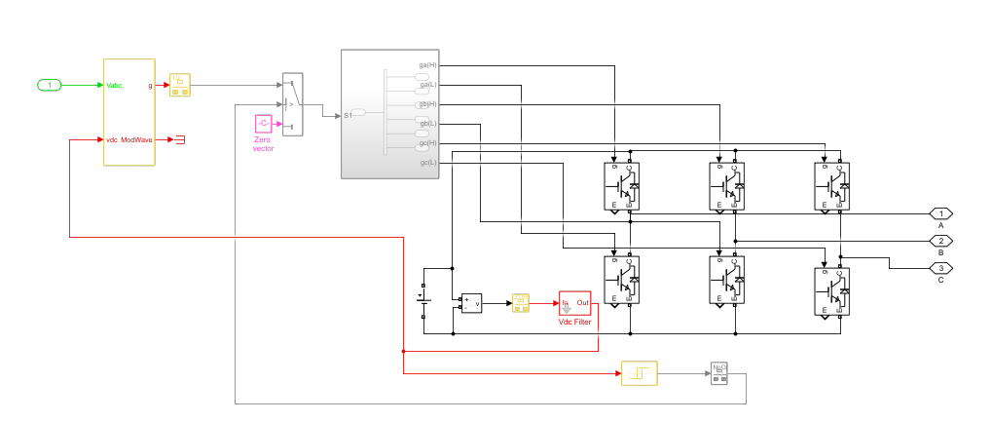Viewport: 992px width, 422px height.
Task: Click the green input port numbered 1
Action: [x=50, y=86]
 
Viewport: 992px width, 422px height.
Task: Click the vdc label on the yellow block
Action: [x=112, y=140]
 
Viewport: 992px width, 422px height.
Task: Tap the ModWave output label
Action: [x=137, y=140]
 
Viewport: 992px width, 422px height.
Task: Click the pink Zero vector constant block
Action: [x=263, y=125]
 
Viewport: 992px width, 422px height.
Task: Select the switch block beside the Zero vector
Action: [x=292, y=104]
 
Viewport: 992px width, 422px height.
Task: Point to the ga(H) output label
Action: [x=427, y=65]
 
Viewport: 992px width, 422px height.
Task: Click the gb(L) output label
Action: [x=427, y=124]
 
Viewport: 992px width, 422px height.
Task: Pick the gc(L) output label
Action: [x=427, y=162]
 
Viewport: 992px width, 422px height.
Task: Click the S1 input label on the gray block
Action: [x=348, y=115]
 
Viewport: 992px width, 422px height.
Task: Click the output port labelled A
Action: [x=940, y=212]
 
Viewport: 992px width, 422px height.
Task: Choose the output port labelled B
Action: [x=940, y=240]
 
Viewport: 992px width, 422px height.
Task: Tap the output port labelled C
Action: [x=940, y=267]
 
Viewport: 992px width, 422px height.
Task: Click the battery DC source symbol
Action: [x=423, y=300]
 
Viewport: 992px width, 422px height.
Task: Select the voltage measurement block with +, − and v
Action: [x=470, y=303]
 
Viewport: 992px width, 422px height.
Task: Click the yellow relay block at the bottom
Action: [x=639, y=373]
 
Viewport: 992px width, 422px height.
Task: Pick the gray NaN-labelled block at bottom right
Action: [x=719, y=373]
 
